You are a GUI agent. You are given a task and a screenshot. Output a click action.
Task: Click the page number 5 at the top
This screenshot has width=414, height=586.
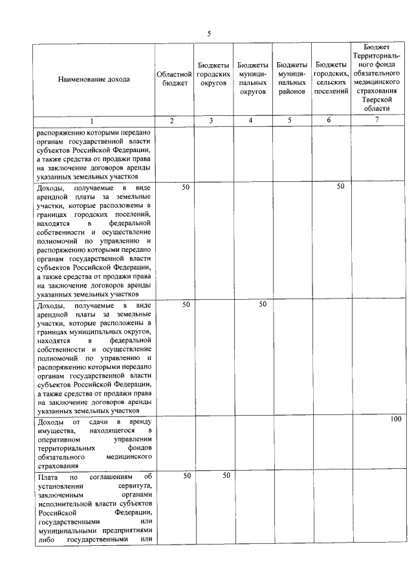[208, 34]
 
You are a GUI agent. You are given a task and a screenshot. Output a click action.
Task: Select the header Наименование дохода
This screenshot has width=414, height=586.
[93, 80]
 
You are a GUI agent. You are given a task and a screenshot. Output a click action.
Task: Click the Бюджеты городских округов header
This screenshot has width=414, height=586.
[213, 75]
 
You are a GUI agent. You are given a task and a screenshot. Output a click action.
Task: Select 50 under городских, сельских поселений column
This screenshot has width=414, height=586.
[340, 187]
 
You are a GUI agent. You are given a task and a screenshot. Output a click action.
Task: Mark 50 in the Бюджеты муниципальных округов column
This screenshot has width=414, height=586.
[263, 304]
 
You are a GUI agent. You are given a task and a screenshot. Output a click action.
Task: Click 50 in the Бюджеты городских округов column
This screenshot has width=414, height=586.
[226, 476]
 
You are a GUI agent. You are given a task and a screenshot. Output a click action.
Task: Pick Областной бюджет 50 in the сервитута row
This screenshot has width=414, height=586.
[186, 476]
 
